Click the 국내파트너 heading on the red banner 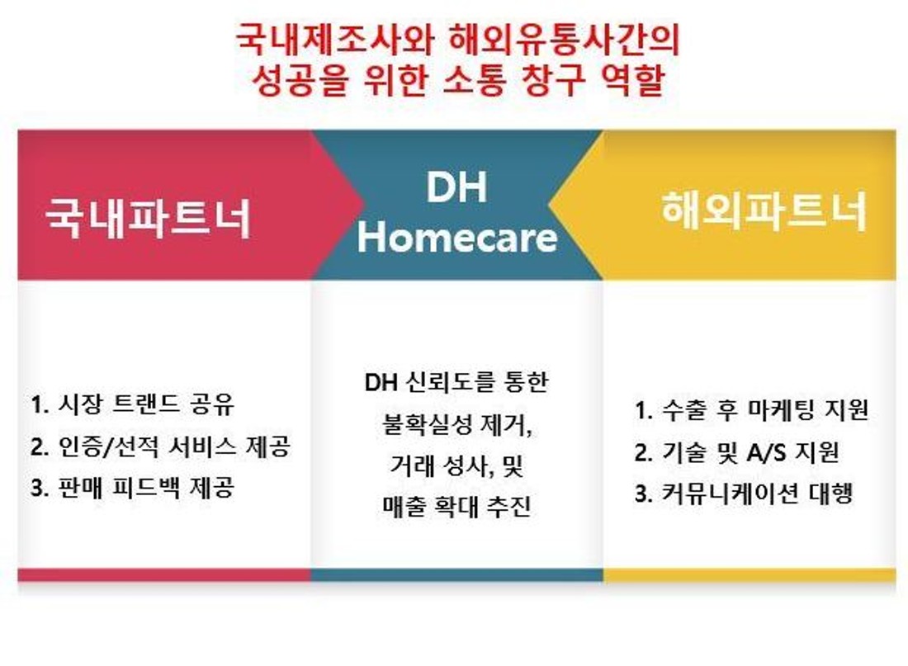(149, 218)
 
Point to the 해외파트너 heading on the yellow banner (764, 210)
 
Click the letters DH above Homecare (456, 187)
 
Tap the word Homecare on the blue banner (457, 238)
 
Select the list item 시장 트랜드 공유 (146, 404)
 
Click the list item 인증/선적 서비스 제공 (174, 446)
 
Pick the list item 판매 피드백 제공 (146, 488)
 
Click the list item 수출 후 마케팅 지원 (765, 409)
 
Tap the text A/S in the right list (766, 451)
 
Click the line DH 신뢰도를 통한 (456, 382)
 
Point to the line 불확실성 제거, (457, 424)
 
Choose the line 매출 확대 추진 (456, 506)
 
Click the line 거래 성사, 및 (457, 465)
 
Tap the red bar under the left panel (164, 574)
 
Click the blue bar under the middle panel (457, 574)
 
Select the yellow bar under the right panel (750, 574)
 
